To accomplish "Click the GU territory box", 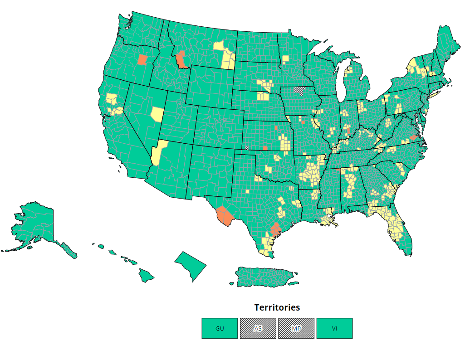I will [220, 328].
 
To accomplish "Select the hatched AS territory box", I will [258, 328].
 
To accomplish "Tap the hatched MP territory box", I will [296, 328].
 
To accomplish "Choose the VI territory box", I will [334, 328].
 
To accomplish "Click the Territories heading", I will [277, 307].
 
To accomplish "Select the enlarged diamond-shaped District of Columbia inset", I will [191, 267].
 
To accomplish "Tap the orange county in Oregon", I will [142, 60].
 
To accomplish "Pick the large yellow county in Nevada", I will [157, 114].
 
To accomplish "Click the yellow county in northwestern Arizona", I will [157, 154].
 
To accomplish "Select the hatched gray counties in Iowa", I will [299, 90].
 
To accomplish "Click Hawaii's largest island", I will [146, 275].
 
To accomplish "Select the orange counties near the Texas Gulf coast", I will [275, 229].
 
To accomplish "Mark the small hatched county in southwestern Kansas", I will [247, 147].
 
